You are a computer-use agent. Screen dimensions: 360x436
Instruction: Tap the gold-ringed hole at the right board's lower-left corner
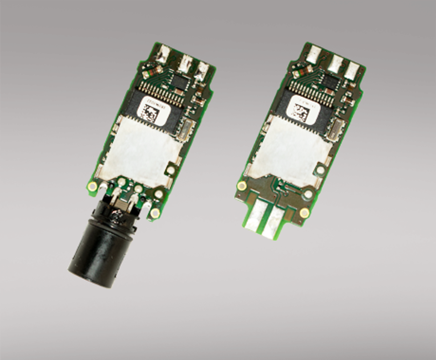(x=242, y=186)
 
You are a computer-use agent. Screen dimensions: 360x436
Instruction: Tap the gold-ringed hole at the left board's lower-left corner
(x=93, y=186)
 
